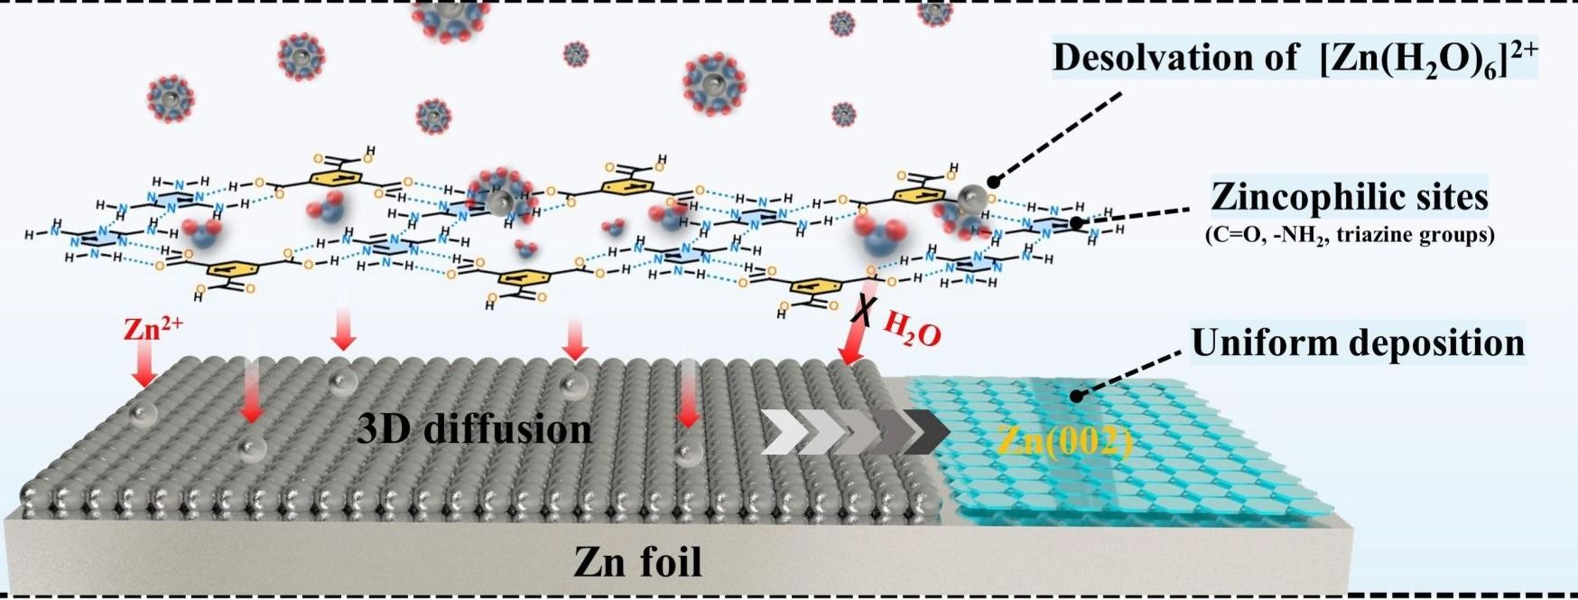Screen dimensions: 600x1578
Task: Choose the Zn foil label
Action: [x=638, y=561]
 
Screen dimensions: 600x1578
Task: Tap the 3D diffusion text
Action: [x=474, y=428]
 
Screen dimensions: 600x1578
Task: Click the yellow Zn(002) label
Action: [x=1065, y=440]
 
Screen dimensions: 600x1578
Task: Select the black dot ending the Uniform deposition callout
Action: [x=1075, y=396]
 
